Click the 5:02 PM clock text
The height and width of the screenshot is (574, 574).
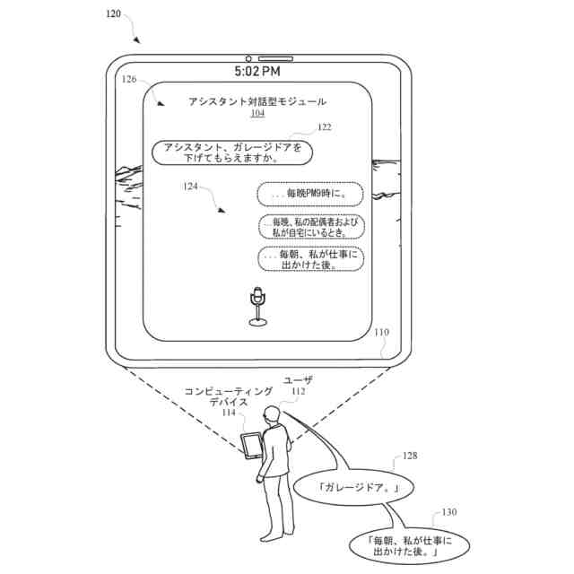pyautogui.click(x=257, y=71)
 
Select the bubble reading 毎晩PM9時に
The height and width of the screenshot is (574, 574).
pyautogui.click(x=310, y=193)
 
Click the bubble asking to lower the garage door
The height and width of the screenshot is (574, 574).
pyautogui.click(x=232, y=152)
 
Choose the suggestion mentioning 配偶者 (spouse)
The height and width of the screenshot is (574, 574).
pyautogui.click(x=310, y=226)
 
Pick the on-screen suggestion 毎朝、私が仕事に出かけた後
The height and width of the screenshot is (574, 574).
pyautogui.click(x=310, y=258)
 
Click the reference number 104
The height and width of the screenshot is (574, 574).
pyautogui.click(x=257, y=114)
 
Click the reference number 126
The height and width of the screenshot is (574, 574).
pyautogui.click(x=130, y=80)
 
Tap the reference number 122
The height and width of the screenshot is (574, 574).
pyautogui.click(x=324, y=127)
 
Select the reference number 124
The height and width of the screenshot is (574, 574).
pyautogui.click(x=190, y=187)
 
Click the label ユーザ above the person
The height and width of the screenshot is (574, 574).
pyautogui.click(x=298, y=380)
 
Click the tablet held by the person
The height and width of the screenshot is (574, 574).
pyautogui.click(x=253, y=445)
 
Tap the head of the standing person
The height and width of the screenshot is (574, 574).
pyautogui.click(x=273, y=413)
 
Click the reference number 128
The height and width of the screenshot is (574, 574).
pyautogui.click(x=409, y=457)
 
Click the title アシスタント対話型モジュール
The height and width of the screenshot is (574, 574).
pyautogui.click(x=257, y=102)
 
